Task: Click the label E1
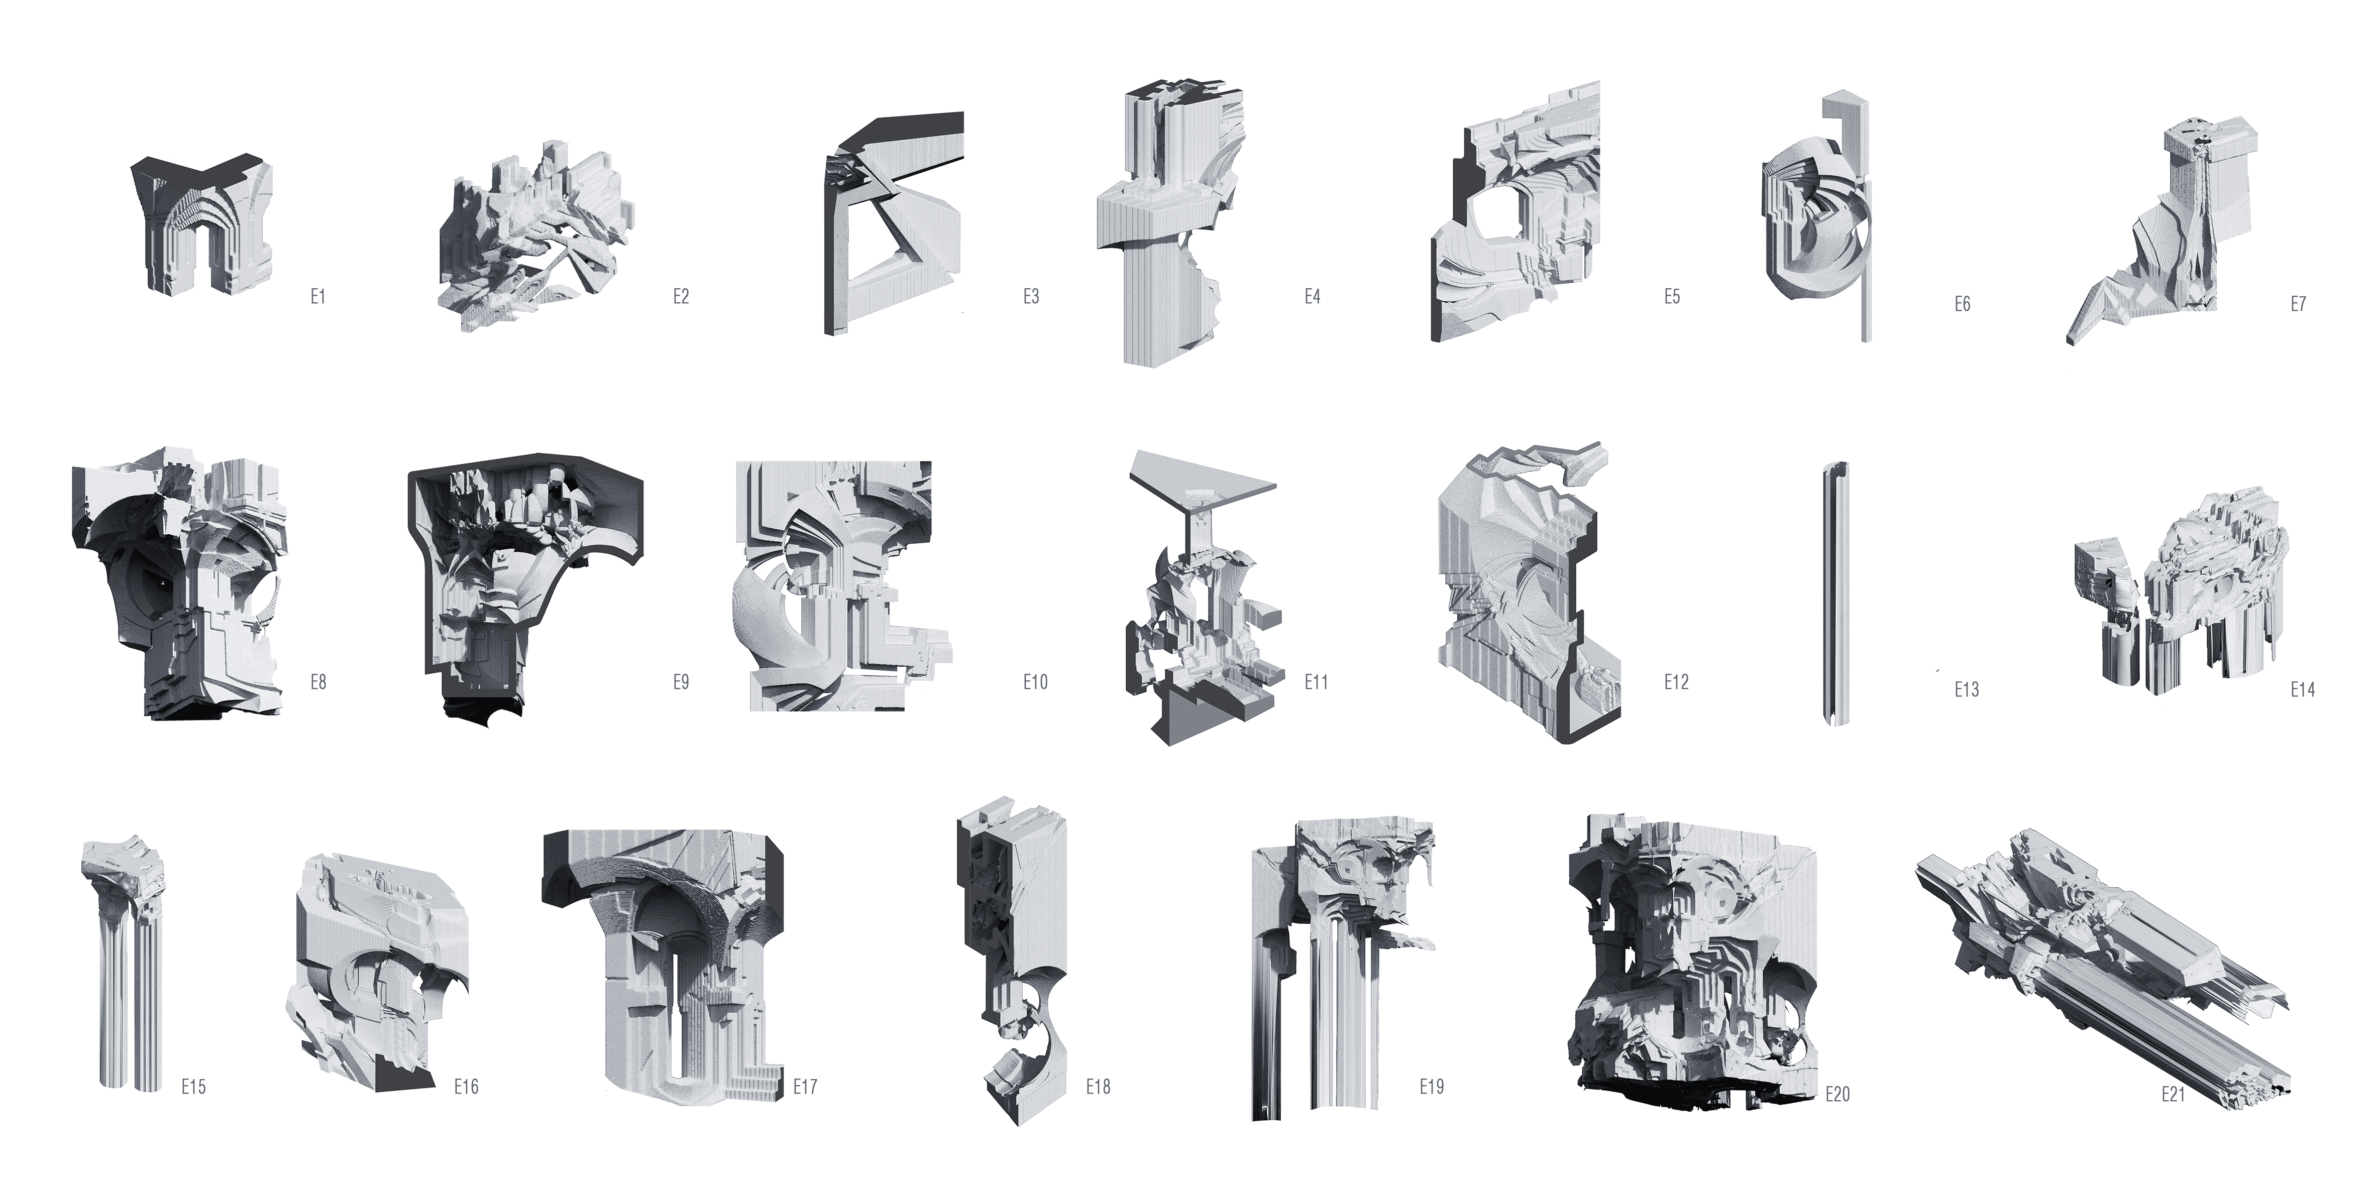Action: tap(318, 296)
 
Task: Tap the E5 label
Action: tap(1672, 296)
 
